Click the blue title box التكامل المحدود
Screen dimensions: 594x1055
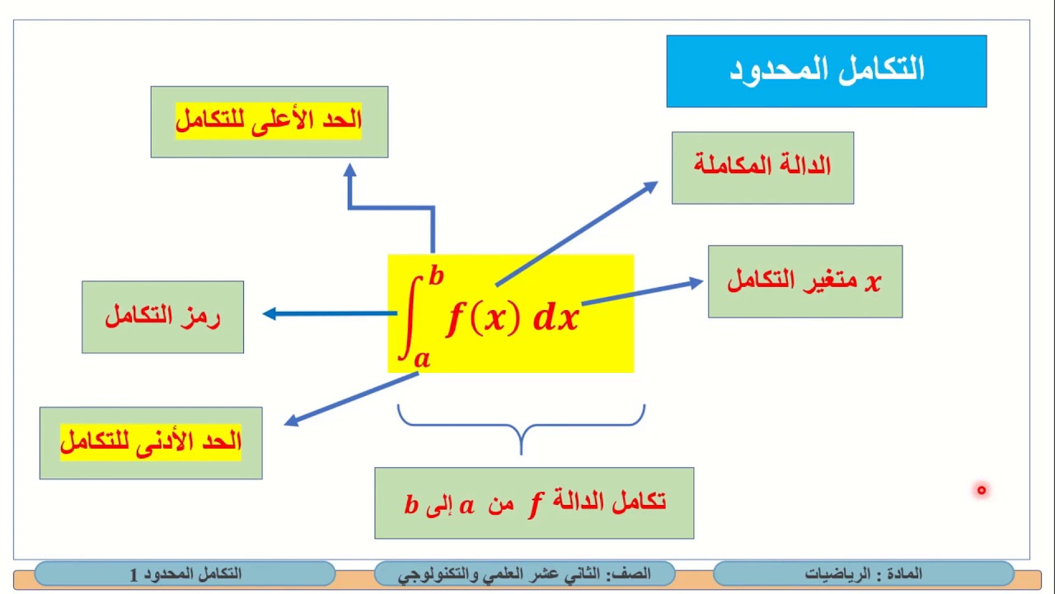[x=826, y=71]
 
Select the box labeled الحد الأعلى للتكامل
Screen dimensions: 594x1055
[x=269, y=121]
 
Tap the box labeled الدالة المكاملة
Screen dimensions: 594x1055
[x=762, y=167]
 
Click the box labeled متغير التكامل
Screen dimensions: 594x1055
[x=804, y=281]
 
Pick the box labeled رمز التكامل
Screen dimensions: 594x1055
[x=162, y=317]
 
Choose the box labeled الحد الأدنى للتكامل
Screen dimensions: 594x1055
[x=151, y=443]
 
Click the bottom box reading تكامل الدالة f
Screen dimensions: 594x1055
[x=534, y=502]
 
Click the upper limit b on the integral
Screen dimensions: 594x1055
[x=435, y=276]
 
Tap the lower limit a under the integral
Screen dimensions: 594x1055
[x=421, y=357]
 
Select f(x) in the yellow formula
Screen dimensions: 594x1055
[x=483, y=318]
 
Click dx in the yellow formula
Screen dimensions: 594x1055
[x=556, y=318]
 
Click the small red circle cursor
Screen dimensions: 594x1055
[x=981, y=490]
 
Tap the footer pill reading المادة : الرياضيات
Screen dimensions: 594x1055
[x=863, y=573]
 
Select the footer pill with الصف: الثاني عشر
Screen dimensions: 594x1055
[x=524, y=573]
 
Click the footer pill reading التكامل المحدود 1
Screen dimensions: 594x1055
[x=185, y=573]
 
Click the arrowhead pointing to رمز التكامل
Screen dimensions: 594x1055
[x=269, y=313]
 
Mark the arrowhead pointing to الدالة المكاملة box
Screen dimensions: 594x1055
[x=650, y=186]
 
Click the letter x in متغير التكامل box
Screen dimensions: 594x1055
[x=872, y=282]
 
